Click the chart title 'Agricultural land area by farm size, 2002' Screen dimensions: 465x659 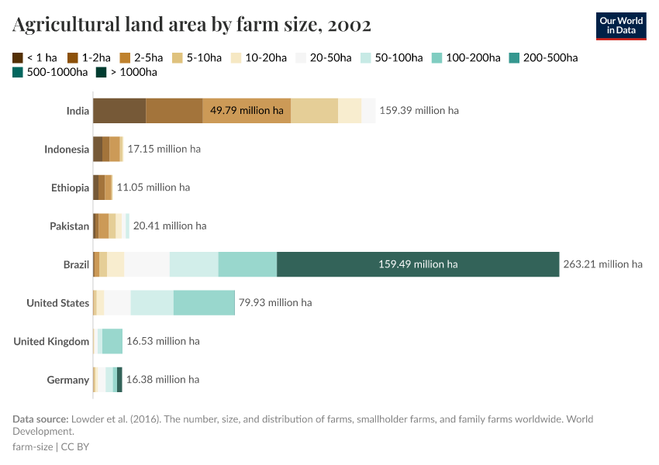[191, 25]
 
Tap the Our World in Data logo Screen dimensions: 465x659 [621, 26]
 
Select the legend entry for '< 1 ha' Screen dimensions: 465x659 [35, 57]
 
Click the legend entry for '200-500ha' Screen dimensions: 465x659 [543, 57]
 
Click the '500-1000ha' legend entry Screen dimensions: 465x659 [50, 72]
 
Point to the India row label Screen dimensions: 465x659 [78, 111]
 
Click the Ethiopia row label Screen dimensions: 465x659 [70, 188]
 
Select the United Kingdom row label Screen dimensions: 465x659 [51, 342]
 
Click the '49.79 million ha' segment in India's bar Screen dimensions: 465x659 [247, 111]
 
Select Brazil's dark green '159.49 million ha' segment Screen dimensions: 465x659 [418, 264]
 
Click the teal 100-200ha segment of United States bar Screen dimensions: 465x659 [204, 303]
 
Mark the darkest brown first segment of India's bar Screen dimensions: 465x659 [119, 111]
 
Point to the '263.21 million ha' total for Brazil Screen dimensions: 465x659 [602, 264]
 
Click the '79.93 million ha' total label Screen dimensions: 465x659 [275, 303]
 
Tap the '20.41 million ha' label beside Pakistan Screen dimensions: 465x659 [170, 226]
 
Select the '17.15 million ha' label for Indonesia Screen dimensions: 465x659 [164, 149]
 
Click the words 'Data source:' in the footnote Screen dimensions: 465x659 [40, 419]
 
